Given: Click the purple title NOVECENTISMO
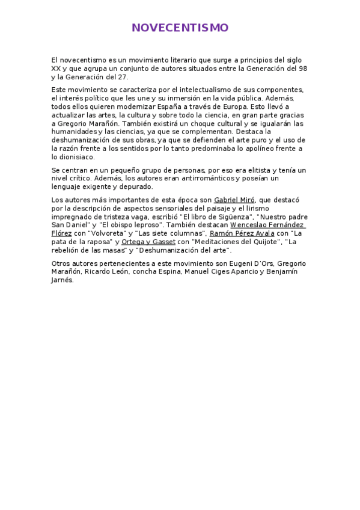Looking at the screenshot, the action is tap(180, 28).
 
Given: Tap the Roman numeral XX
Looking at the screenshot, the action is tap(56, 69).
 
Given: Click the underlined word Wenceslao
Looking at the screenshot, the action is tap(250, 225).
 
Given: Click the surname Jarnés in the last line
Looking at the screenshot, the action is tap(63, 280).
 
